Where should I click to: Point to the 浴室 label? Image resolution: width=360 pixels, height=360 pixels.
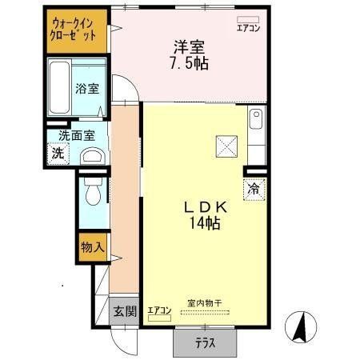[x=86, y=88]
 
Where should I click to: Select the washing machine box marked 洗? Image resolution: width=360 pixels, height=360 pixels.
[x=58, y=152]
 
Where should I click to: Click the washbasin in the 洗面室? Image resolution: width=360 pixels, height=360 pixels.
[x=93, y=155]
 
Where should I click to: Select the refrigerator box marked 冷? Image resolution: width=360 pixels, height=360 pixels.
[x=254, y=190]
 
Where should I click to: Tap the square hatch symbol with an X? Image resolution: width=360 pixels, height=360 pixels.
[x=225, y=146]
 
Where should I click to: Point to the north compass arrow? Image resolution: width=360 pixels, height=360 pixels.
[x=305, y=325]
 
